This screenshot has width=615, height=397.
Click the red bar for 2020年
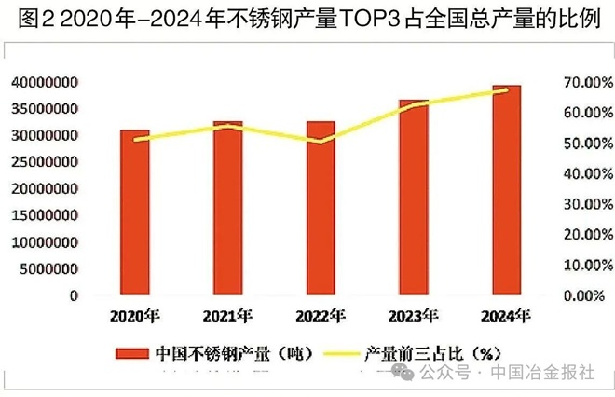[134, 212]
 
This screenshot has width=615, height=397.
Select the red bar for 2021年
[227, 208]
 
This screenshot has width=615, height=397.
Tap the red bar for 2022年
[321, 208]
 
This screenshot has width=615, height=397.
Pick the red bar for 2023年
[414, 198]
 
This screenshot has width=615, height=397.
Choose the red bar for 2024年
[506, 190]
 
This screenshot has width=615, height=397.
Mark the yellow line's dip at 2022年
[321, 142]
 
